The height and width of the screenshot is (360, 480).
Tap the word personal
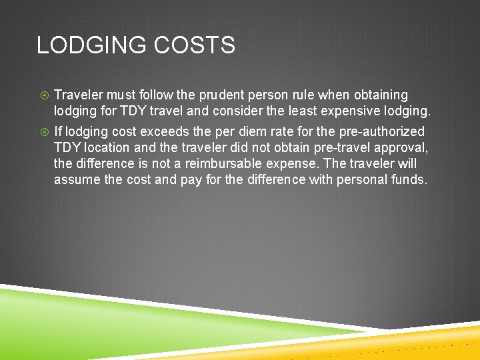(364, 179)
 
